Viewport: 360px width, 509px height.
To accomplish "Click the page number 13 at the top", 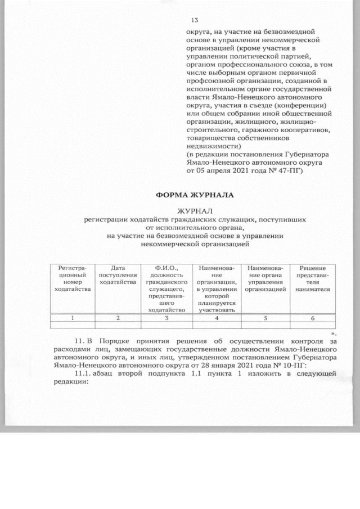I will click(x=195, y=20).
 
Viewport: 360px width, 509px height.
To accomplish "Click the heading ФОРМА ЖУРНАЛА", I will click(x=194, y=195).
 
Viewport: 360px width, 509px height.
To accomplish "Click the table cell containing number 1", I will click(x=71, y=318).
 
